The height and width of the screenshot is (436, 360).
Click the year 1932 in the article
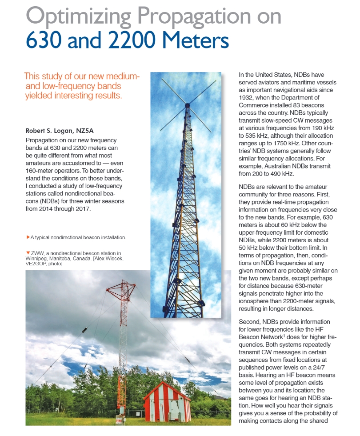click(x=247, y=98)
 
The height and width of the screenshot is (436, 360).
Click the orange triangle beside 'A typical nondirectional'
click(x=28, y=238)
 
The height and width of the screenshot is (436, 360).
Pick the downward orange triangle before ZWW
click(x=28, y=252)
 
